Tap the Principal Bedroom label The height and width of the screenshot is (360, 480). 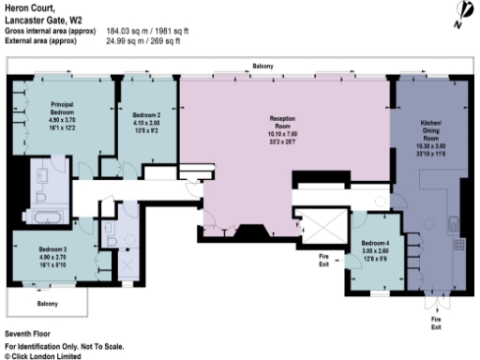click(x=69, y=106)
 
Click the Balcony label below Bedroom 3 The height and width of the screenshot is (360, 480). click(x=47, y=304)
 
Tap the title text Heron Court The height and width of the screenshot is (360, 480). click(x=36, y=8)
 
